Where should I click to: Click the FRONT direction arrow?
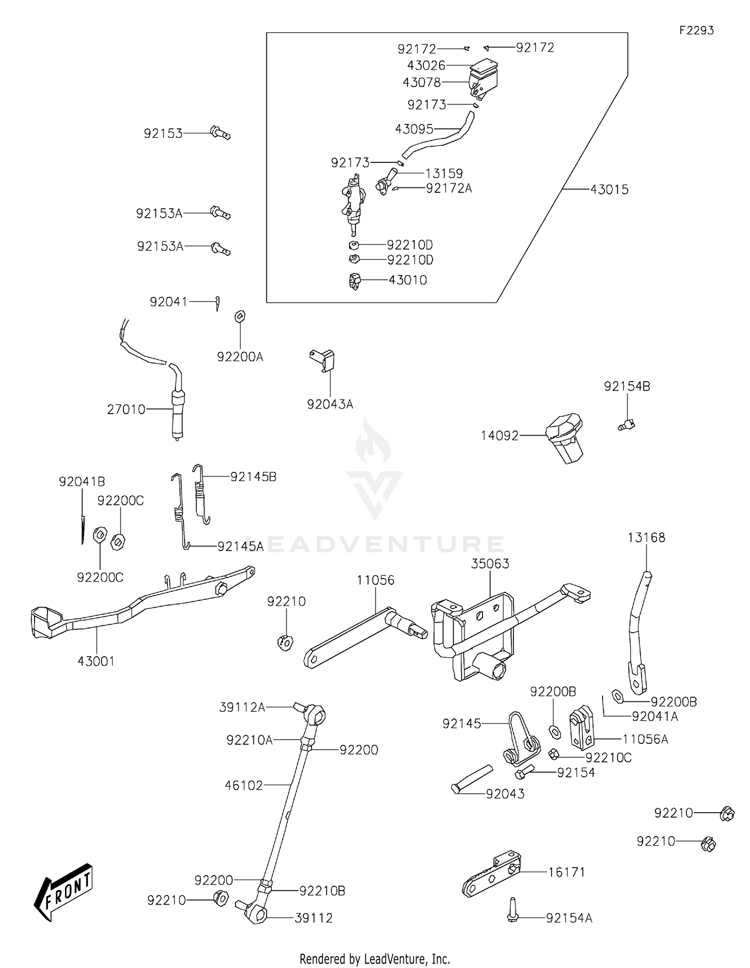(63, 892)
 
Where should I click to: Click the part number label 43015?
(609, 190)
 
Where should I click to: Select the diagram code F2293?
(696, 30)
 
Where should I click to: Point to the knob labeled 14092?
(565, 438)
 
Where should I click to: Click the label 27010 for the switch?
(126, 410)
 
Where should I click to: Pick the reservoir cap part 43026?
(484, 65)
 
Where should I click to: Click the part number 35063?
(490, 563)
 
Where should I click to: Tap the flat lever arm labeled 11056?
(350, 637)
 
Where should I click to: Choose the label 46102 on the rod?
(243, 785)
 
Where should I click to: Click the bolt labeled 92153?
(220, 133)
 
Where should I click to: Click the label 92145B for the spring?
(253, 477)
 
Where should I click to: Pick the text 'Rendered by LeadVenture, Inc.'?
(374, 959)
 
